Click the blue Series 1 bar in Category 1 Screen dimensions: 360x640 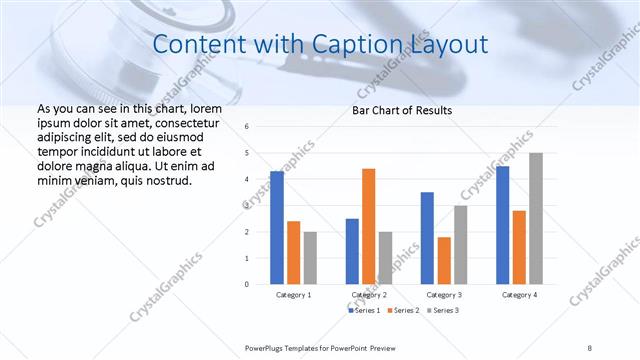pyautogui.click(x=277, y=228)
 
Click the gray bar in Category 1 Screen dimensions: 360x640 pyautogui.click(x=310, y=258)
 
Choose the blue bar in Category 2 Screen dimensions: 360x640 pyautogui.click(x=352, y=251)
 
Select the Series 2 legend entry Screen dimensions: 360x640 pyautogui.click(x=404, y=311)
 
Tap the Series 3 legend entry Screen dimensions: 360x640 pyautogui.click(x=443, y=311)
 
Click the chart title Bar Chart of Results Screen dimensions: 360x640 pyautogui.click(x=402, y=110)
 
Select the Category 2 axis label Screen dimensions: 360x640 pyautogui.click(x=368, y=296)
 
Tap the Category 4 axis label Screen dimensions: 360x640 pyautogui.click(x=518, y=296)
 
